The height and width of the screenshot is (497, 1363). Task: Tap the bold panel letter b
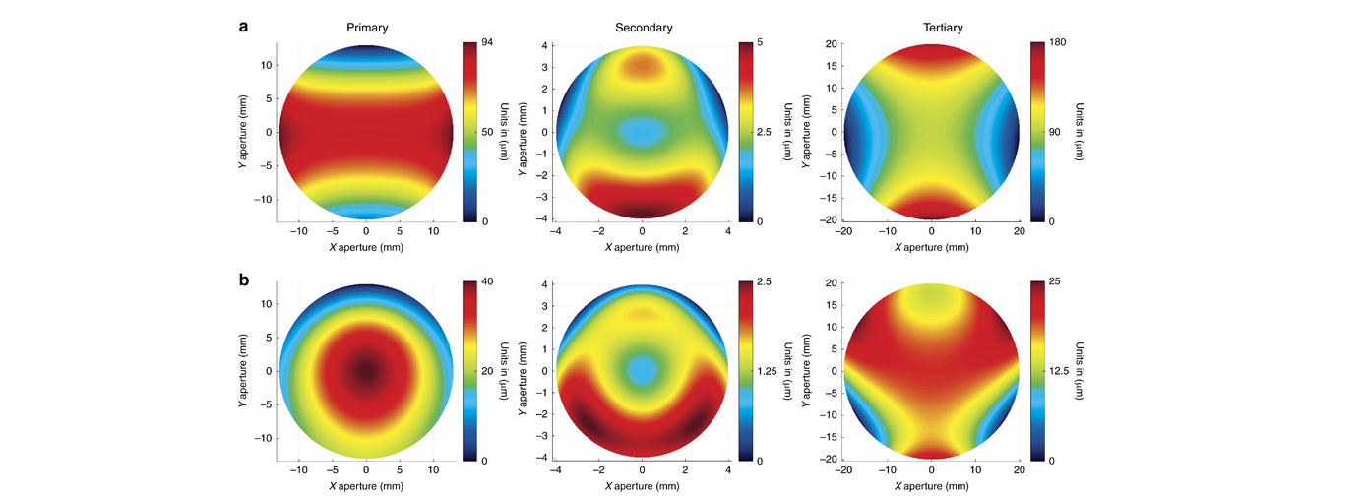pos(243,280)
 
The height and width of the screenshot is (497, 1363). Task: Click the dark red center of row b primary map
pos(366,371)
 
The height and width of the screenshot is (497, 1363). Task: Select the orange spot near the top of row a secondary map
pos(642,67)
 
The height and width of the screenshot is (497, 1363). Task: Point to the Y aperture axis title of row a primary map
pos(243,132)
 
